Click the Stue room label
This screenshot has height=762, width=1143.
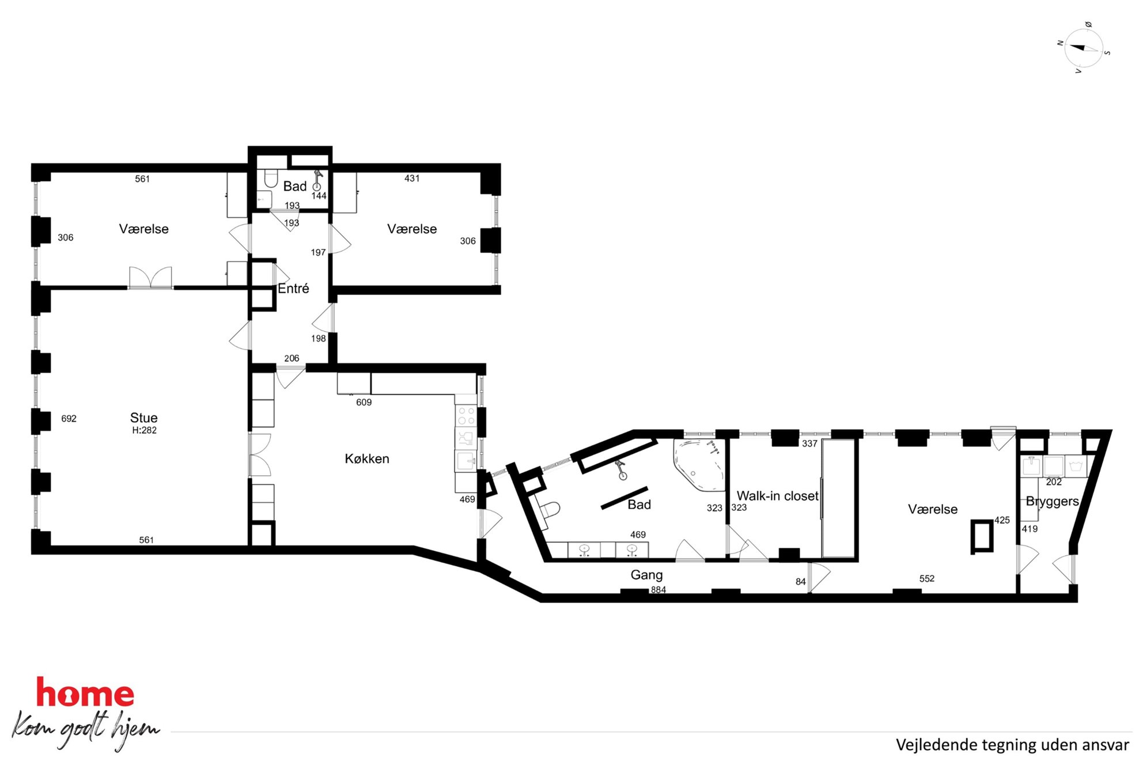coord(143,418)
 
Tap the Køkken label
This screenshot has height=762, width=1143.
coord(367,458)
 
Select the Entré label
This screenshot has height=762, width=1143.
coord(293,288)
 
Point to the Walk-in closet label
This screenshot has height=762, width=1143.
coord(777,495)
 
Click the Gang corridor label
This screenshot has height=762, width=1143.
coord(646,575)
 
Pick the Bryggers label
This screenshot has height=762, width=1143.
coord(1052,501)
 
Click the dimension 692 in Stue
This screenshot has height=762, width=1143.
coord(69,419)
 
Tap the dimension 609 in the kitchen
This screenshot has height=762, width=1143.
coord(364,402)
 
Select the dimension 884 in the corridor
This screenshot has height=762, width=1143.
coord(658,590)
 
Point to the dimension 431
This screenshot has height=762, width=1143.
coord(412,179)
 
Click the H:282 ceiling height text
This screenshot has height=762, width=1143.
coord(144,430)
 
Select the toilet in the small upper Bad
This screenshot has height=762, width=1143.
coord(271,178)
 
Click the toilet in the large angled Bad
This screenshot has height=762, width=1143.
coord(549,510)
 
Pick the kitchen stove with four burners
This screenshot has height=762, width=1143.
coord(465,415)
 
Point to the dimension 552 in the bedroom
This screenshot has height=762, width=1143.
coord(926,579)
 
